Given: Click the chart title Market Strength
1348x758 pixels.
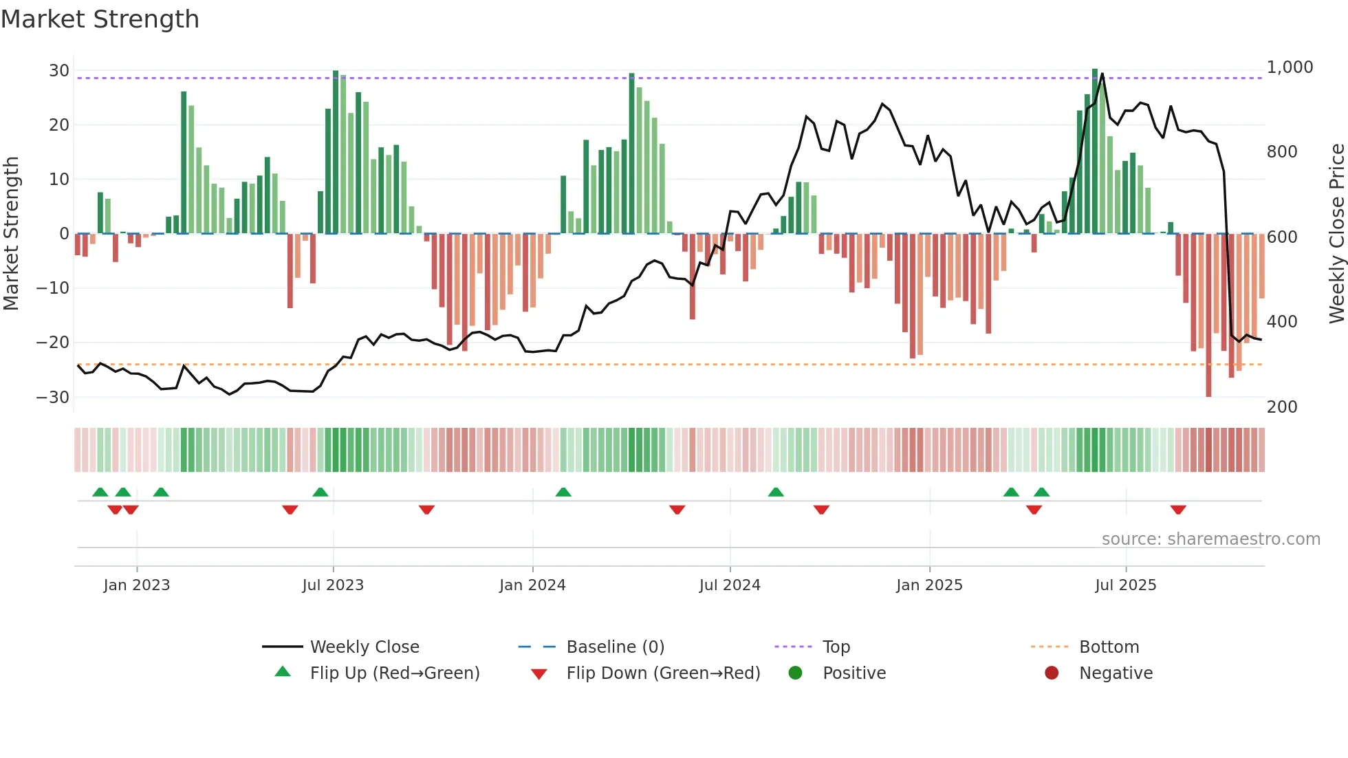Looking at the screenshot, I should pos(100,19).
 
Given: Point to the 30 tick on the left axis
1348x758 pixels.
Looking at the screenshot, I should pos(58,71).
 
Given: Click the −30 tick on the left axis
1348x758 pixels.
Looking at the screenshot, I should pos(53,397).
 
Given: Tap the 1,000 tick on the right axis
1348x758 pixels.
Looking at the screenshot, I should pos(1290,67).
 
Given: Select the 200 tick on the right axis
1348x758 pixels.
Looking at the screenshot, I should pos(1281,407).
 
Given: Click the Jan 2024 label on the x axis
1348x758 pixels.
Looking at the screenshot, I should pos(532,585).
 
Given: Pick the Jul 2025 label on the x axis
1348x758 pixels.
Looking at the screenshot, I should pos(1125,585).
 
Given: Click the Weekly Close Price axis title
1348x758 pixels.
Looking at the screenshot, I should pos(1336,234).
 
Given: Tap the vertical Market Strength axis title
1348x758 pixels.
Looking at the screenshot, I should pos(11,234).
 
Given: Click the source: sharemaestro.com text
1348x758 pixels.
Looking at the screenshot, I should pos(1210,539).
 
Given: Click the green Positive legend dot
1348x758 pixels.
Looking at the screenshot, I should pos(795,673).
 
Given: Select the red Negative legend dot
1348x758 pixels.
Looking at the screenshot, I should pos(1051,673).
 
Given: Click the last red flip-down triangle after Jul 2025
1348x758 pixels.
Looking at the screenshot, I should pos(1177,510).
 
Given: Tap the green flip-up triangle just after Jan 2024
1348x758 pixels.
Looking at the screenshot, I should pos(563,492).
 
